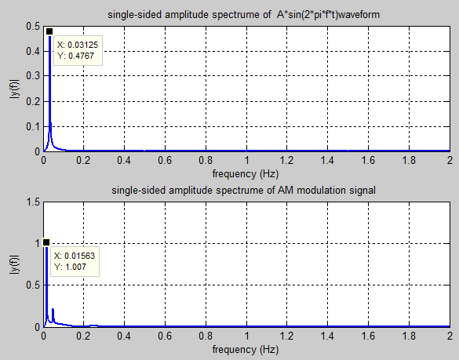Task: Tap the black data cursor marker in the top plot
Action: [49, 32]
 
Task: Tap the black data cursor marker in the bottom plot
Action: [46, 243]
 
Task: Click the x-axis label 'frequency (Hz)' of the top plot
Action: [246, 173]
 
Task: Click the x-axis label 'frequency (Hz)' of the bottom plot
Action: [246, 348]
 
